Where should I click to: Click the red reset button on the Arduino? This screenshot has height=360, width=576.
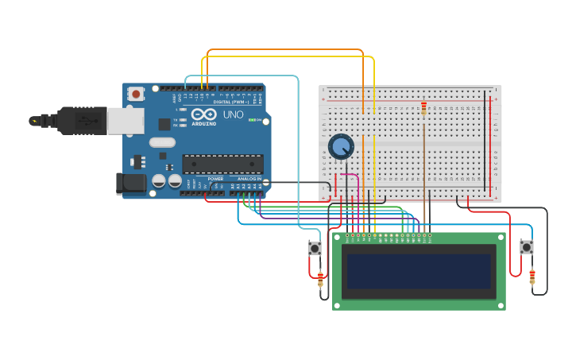coord(136,94)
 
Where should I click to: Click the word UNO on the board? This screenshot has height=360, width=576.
coord(233,115)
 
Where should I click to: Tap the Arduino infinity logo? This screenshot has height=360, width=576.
coord(203,114)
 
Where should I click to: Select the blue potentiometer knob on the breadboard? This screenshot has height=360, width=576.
coord(341,147)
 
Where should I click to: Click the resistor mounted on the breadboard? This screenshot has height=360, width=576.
coord(423,108)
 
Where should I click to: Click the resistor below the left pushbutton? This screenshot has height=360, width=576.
coord(320,279)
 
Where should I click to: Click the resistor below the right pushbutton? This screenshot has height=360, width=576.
coord(532,277)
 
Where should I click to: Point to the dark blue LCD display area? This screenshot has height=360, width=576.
coord(419,271)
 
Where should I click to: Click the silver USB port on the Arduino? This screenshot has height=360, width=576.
coord(126,121)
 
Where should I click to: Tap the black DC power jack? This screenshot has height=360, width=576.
coord(131,184)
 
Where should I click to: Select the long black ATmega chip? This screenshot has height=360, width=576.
coord(223,164)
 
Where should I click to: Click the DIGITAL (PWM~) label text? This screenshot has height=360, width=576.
coord(231,102)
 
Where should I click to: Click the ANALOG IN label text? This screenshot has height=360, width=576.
coord(249,179)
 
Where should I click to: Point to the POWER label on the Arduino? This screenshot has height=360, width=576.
coord(215,179)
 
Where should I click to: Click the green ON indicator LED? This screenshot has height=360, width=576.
coord(252,120)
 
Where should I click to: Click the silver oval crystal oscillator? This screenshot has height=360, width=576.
coord(161,143)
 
